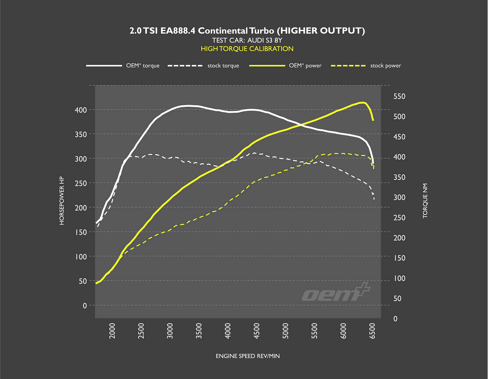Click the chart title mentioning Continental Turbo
pyautogui.click(x=247, y=31)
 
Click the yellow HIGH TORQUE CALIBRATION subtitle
pyautogui.click(x=247, y=49)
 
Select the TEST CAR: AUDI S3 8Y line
pyautogui.click(x=247, y=40)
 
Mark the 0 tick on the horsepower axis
pyautogui.click(x=84, y=305)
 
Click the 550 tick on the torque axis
pyautogui.click(x=399, y=97)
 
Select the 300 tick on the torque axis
pyautogui.click(x=399, y=197)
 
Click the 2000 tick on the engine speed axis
pyautogui.click(x=112, y=331)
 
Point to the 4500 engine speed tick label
pyautogui.click(x=256, y=331)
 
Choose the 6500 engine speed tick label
pyautogui.click(x=372, y=331)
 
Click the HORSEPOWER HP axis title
pyautogui.click(x=62, y=200)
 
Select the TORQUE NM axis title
pyautogui.click(x=425, y=201)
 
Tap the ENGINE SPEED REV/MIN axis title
pyautogui.click(x=248, y=356)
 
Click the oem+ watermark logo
pyautogui.click(x=336, y=293)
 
